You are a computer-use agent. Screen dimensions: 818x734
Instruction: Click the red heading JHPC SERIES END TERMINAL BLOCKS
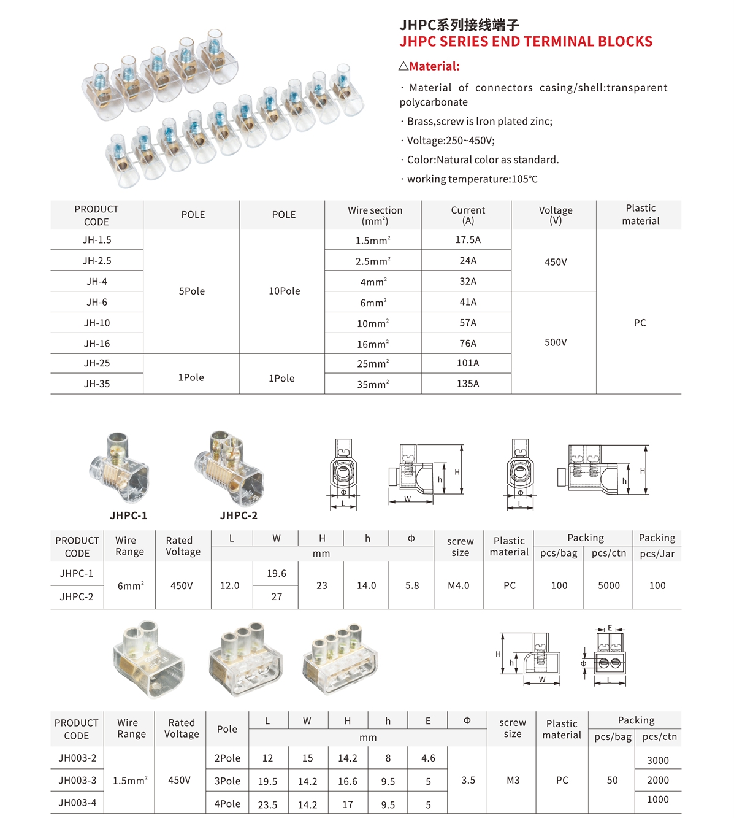coord(526,42)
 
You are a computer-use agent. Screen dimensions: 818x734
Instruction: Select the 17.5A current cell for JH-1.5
coord(468,240)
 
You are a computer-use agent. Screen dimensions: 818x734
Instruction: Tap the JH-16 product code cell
coord(97,344)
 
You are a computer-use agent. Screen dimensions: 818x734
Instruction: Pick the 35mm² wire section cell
coord(373,384)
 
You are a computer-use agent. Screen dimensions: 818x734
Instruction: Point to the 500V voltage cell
coord(556,342)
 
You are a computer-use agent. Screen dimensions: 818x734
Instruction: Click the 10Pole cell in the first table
coord(285,291)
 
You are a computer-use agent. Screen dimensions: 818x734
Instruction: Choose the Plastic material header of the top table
coord(640,215)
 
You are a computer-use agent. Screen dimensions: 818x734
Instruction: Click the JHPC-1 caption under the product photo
coord(129,515)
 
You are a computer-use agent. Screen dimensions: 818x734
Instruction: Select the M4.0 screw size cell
coord(459,585)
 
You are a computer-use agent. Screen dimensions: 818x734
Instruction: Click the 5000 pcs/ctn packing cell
coord(609,585)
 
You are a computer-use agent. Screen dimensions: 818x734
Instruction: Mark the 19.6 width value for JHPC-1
coord(277,573)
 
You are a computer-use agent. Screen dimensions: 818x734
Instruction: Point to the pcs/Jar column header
coord(657,554)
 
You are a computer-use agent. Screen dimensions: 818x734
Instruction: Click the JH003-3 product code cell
coord(77,781)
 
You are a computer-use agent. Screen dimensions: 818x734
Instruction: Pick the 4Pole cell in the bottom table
coord(227,804)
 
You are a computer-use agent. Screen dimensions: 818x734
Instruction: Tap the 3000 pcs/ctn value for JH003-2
coord(658,760)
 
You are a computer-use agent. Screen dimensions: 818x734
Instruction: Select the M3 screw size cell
coord(513,781)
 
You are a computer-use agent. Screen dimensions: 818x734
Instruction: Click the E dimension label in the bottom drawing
coord(610,628)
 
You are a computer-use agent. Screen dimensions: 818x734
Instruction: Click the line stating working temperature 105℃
coord(472,179)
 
